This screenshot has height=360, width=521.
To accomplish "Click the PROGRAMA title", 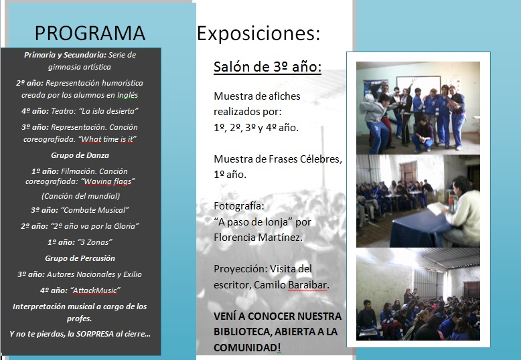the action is [90, 33].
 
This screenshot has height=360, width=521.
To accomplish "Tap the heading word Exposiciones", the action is [258, 33].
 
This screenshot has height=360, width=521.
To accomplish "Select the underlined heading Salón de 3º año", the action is [267, 67].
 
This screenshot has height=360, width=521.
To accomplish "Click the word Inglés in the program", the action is [128, 95].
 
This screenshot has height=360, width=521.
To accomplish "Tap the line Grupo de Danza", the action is [80, 155].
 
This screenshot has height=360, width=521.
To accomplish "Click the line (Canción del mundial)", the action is [81, 196].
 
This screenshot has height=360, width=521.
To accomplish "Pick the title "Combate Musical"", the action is [95, 210].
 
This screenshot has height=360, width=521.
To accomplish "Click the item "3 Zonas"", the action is [94, 242].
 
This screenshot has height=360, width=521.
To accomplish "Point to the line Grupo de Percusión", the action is [80, 258].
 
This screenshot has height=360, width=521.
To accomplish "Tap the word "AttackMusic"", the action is [95, 290].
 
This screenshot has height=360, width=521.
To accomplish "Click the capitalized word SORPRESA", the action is [95, 334].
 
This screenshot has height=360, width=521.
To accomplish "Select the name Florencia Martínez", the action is [258, 238].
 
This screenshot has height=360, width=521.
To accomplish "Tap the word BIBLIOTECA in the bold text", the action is [242, 331].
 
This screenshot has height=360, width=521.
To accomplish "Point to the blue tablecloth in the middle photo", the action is [419, 228].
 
